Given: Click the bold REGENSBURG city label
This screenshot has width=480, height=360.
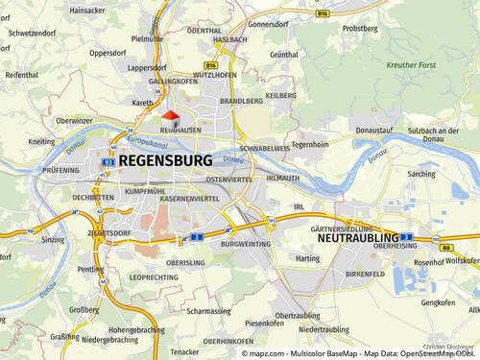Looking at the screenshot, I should point(164,160).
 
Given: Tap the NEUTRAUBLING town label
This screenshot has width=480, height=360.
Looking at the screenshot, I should point(355,237).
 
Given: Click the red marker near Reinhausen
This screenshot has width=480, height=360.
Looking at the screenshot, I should point(170,116).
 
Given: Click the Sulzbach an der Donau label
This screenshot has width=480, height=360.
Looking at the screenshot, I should point(438,131).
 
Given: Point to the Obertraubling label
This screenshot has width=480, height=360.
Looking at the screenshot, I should point(297,315).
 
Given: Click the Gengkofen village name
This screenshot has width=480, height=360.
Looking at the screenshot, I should point(438,302).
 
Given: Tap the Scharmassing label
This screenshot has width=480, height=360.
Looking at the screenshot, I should point(210,311).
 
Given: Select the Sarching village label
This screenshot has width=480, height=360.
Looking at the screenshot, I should point(421,175).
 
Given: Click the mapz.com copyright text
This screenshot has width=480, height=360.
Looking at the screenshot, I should point(262,353).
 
